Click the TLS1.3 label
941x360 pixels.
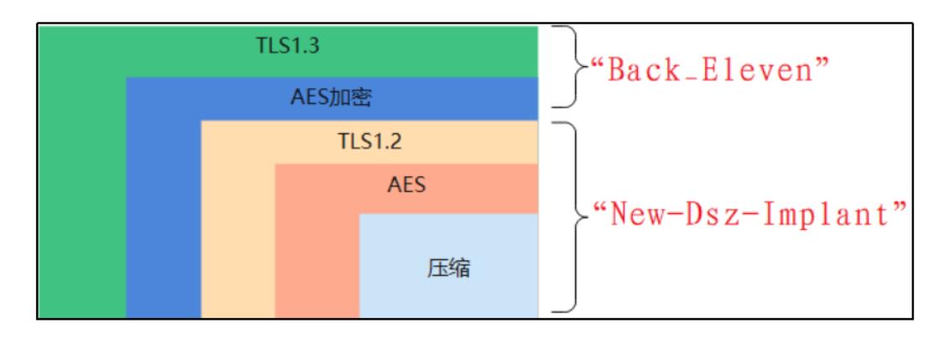click(x=288, y=46)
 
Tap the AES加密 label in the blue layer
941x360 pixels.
click(x=332, y=98)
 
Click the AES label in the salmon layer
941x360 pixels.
click(x=406, y=185)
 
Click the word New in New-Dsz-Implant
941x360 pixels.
click(x=636, y=217)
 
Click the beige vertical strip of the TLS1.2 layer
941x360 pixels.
click(x=238, y=235)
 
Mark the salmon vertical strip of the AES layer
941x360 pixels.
click(x=316, y=252)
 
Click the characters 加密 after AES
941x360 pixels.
click(x=351, y=98)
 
